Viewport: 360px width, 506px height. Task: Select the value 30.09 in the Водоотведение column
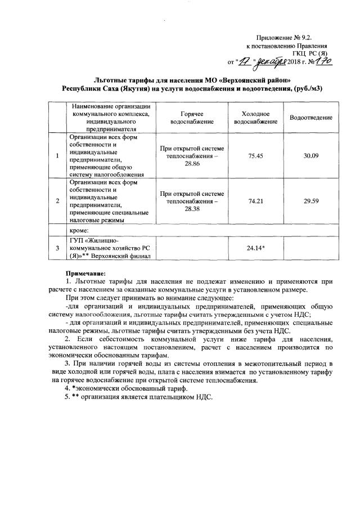coord(311,155)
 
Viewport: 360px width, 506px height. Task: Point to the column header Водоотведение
coord(311,117)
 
